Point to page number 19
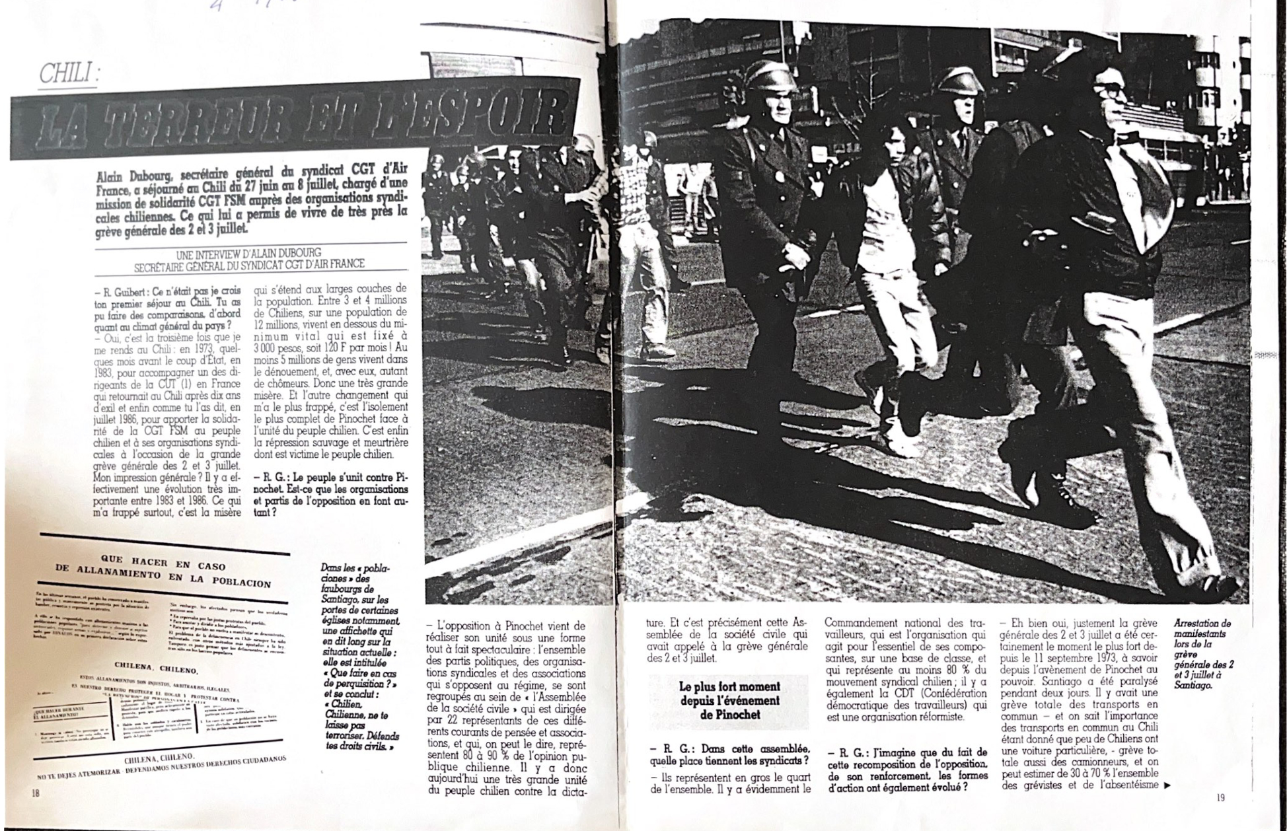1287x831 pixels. tap(1220, 797)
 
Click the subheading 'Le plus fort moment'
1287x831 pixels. tap(729, 687)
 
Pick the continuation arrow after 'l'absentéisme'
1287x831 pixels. tap(1166, 785)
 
